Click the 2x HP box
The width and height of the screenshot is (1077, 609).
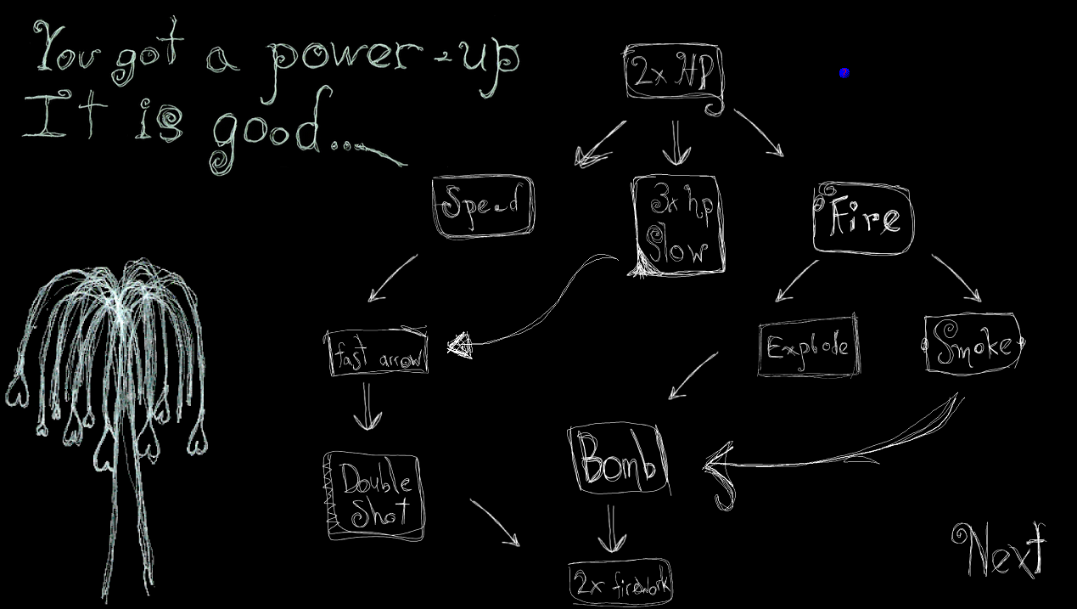click(x=674, y=75)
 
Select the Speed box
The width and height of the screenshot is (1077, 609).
click(x=483, y=206)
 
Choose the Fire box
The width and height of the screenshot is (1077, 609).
click(x=863, y=218)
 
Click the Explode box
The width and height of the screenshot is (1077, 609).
click(x=808, y=347)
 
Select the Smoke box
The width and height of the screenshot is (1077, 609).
click(x=972, y=344)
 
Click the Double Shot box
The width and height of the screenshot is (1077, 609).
click(x=374, y=497)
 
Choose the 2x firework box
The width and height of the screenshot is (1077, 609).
click(x=621, y=583)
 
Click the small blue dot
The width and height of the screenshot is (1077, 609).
click(x=844, y=73)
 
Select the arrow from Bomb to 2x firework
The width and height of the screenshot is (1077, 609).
click(x=612, y=531)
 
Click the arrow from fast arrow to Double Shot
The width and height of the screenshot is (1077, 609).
click(x=367, y=406)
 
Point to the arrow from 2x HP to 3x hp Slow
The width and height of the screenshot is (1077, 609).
click(x=676, y=143)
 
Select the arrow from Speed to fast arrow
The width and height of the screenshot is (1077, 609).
click(x=392, y=278)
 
